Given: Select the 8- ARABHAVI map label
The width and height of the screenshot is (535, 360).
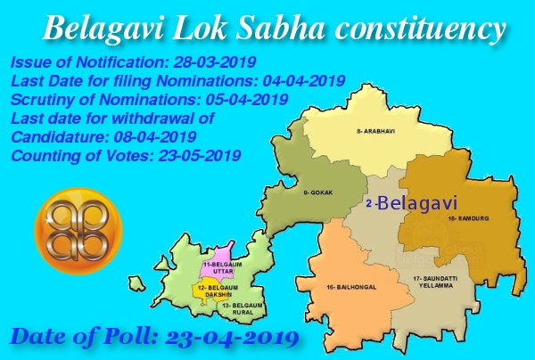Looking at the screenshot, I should (x=375, y=132).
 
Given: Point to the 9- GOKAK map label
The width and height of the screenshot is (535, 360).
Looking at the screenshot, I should (x=317, y=192).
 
